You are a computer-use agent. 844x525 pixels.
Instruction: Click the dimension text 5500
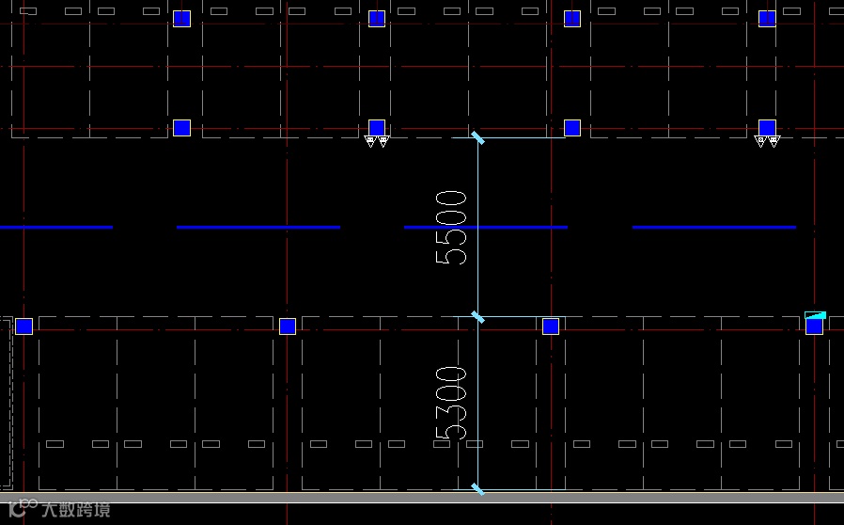[x=452, y=228]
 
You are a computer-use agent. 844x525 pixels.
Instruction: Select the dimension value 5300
[x=452, y=403]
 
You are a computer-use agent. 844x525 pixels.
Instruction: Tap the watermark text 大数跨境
[x=75, y=510]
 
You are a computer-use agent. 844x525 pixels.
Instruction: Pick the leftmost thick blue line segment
[x=56, y=227]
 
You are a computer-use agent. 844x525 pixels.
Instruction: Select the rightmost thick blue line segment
[x=714, y=227]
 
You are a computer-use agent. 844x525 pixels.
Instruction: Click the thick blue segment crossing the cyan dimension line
[x=486, y=227]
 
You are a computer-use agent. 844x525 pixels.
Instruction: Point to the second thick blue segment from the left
[x=258, y=227]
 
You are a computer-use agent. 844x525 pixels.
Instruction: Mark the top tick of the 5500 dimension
[x=478, y=138]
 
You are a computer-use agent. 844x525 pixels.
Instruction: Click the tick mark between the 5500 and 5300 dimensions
[x=478, y=317]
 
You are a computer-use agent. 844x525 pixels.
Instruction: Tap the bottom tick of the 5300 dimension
[x=478, y=489]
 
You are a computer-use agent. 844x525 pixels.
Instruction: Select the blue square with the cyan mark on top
[x=814, y=326]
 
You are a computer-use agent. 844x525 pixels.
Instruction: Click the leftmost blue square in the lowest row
[x=24, y=326]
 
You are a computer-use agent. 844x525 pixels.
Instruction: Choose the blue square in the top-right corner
[x=767, y=19]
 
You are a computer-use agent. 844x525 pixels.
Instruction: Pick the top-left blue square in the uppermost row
[x=182, y=19]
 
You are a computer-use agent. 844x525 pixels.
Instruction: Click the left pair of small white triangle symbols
[x=376, y=142]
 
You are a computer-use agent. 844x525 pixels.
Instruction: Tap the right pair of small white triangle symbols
[x=767, y=142]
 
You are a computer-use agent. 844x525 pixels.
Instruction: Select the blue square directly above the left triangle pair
[x=377, y=127]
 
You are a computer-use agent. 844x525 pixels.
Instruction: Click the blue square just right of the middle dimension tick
[x=551, y=326]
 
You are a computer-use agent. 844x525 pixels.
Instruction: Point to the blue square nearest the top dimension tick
[x=572, y=127]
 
